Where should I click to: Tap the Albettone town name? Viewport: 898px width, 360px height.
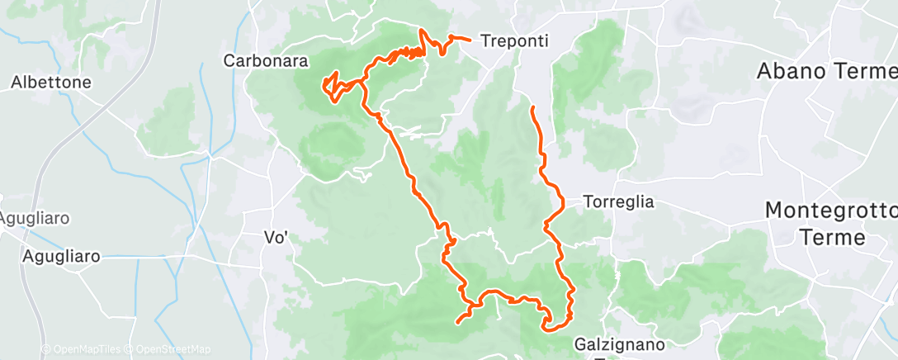[x=50, y=83]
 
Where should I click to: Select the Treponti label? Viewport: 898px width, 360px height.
[x=514, y=40]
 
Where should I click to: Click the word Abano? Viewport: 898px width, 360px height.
[x=792, y=72]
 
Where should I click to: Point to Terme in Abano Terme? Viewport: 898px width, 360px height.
[x=864, y=72]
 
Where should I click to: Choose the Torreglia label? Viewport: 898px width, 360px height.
[x=618, y=201]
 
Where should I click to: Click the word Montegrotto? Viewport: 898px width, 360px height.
[x=830, y=210]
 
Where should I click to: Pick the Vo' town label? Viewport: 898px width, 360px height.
[x=275, y=238]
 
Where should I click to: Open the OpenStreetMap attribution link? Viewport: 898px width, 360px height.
[x=168, y=349]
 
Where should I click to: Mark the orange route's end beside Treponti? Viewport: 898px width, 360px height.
[x=470, y=39]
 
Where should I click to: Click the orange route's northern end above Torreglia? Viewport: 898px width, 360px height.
[x=532, y=108]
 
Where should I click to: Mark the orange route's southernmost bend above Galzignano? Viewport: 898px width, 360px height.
[x=547, y=329]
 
